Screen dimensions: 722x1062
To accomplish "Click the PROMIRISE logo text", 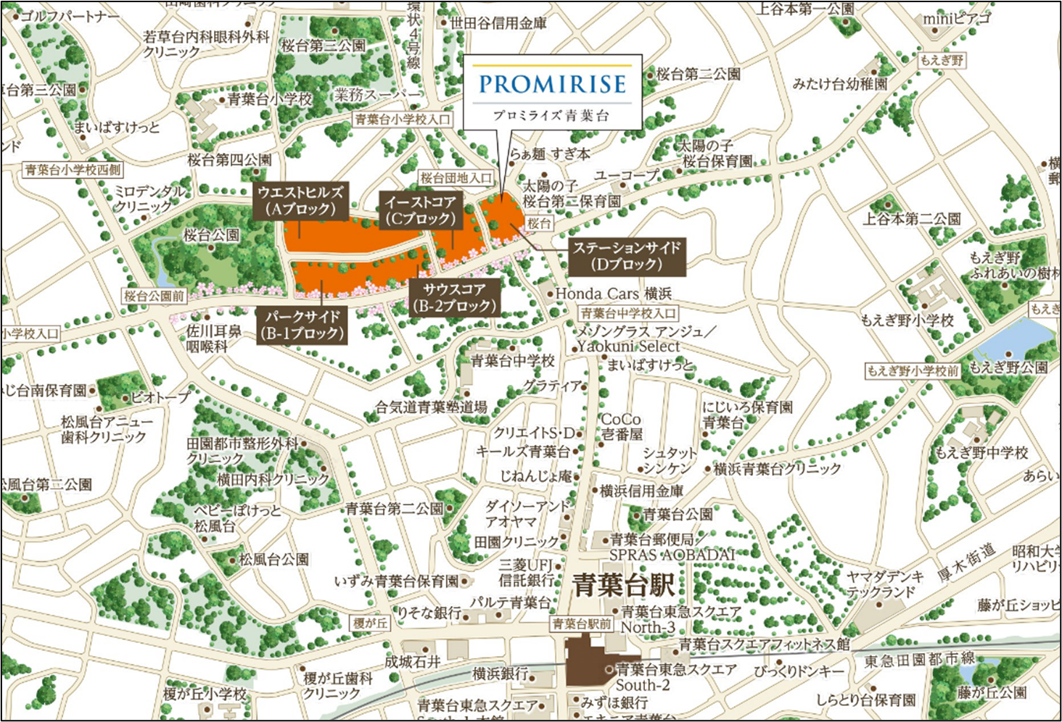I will coord(552,84).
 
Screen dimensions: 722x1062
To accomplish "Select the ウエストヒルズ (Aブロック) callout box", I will coord(300,201).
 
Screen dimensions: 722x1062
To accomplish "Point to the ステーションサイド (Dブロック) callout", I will coord(627,256).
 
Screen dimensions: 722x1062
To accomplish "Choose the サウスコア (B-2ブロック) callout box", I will coord(455,297).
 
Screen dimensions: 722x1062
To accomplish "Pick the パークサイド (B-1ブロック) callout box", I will coord(302,325).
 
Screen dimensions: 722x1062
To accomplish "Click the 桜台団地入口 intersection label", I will coord(456,178).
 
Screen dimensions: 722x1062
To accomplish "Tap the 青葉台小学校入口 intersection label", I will coord(403,119).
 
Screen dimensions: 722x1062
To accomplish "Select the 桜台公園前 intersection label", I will coord(155,296).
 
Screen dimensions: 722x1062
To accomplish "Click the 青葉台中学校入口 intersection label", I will coord(628,313).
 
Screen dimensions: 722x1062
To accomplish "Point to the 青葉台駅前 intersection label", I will coord(582,623).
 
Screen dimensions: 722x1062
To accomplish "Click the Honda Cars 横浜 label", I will coord(613,294).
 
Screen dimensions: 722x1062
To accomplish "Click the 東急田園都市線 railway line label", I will coord(919,660).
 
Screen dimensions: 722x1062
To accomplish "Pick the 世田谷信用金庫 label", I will coord(498,23).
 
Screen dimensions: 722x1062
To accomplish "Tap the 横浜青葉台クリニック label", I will coord(777,469).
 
